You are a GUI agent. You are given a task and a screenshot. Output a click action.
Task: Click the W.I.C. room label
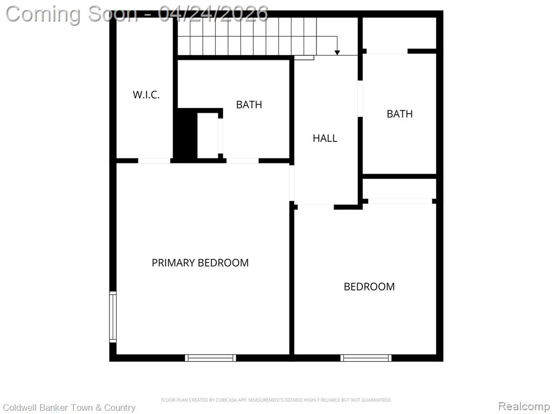coord(146,95)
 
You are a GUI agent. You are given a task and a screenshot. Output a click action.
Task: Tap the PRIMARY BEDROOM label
coord(200,263)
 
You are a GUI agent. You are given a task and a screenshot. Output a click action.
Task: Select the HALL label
coord(325,138)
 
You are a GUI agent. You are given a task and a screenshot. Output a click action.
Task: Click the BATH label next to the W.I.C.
coord(249,105)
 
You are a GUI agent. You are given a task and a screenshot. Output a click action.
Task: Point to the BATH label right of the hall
coord(399,114)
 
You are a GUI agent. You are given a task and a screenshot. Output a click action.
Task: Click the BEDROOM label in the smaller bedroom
coord(369,287)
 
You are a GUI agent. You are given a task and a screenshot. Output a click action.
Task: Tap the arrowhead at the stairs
coord(337,52)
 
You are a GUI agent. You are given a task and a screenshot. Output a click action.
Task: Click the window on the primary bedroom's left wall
coord(113,317)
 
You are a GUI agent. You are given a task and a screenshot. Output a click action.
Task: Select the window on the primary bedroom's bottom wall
coord(211,358)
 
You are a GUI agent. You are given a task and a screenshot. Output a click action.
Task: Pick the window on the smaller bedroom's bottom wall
coord(366,358)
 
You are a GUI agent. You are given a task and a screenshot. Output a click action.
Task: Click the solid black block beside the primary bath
coord(187,135)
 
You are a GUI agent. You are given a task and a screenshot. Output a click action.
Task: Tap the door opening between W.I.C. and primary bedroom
coord(154,161)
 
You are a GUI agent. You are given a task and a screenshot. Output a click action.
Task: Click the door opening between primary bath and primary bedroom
coord(243,161)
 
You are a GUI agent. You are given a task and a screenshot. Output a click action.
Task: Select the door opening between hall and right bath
coord(360,99)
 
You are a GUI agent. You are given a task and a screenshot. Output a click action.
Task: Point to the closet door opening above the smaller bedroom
coord(400,202)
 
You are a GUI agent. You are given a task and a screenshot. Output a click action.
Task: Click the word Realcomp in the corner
coord(523,406)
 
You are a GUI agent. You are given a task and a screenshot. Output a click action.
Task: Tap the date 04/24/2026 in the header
coord(213,14)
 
